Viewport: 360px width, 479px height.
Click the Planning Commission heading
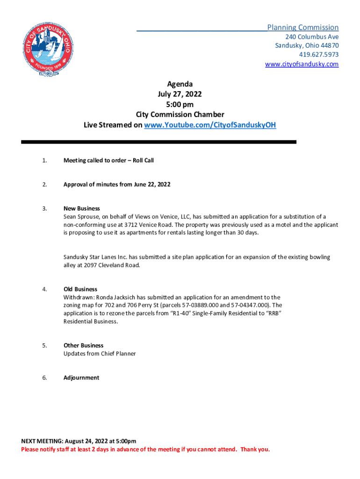click(303, 28)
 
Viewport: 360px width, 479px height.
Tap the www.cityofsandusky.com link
click(302, 64)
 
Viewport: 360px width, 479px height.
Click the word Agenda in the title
click(180, 84)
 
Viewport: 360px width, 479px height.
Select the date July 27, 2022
click(180, 94)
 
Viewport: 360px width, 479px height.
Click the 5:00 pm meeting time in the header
click(180, 104)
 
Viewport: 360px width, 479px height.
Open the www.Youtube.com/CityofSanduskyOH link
click(210, 125)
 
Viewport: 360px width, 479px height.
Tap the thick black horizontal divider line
click(159, 142)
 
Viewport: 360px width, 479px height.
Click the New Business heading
click(82, 209)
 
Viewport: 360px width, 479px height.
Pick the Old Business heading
click(80, 289)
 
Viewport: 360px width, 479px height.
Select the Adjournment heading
click(81, 377)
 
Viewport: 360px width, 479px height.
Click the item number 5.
click(44, 346)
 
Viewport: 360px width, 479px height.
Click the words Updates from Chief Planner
click(100, 354)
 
